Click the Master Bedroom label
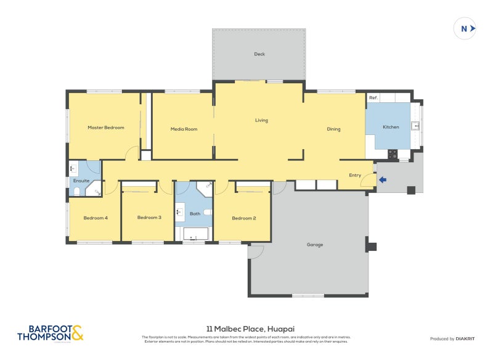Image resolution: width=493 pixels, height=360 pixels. pyautogui.click(x=105, y=128)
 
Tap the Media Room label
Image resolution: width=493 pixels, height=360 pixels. pyautogui.click(x=184, y=129)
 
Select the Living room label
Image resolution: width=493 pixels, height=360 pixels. pyautogui.click(x=261, y=120)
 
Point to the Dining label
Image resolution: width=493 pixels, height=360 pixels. pyautogui.click(x=333, y=129)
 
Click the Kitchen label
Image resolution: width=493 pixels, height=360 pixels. pyautogui.click(x=391, y=127)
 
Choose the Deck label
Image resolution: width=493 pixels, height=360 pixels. pyautogui.click(x=259, y=54)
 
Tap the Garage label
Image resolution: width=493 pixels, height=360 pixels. pyautogui.click(x=314, y=245)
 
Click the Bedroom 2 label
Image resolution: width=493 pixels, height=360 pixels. pyautogui.click(x=243, y=218)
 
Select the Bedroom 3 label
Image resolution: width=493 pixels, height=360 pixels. pyautogui.click(x=149, y=218)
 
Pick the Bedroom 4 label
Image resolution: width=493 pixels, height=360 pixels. pyautogui.click(x=96, y=218)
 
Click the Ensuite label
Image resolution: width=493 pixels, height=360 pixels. pyautogui.click(x=81, y=181)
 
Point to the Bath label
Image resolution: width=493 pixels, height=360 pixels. pyautogui.click(x=195, y=214)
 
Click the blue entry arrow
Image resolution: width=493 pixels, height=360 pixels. pyautogui.click(x=383, y=180)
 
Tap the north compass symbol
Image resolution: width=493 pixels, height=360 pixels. pyautogui.click(x=465, y=28)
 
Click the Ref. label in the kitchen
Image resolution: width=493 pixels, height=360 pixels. pyautogui.click(x=373, y=98)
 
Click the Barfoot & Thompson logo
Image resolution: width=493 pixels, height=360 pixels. pyautogui.click(x=49, y=333)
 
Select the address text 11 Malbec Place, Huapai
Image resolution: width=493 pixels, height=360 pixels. pyautogui.click(x=246, y=329)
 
